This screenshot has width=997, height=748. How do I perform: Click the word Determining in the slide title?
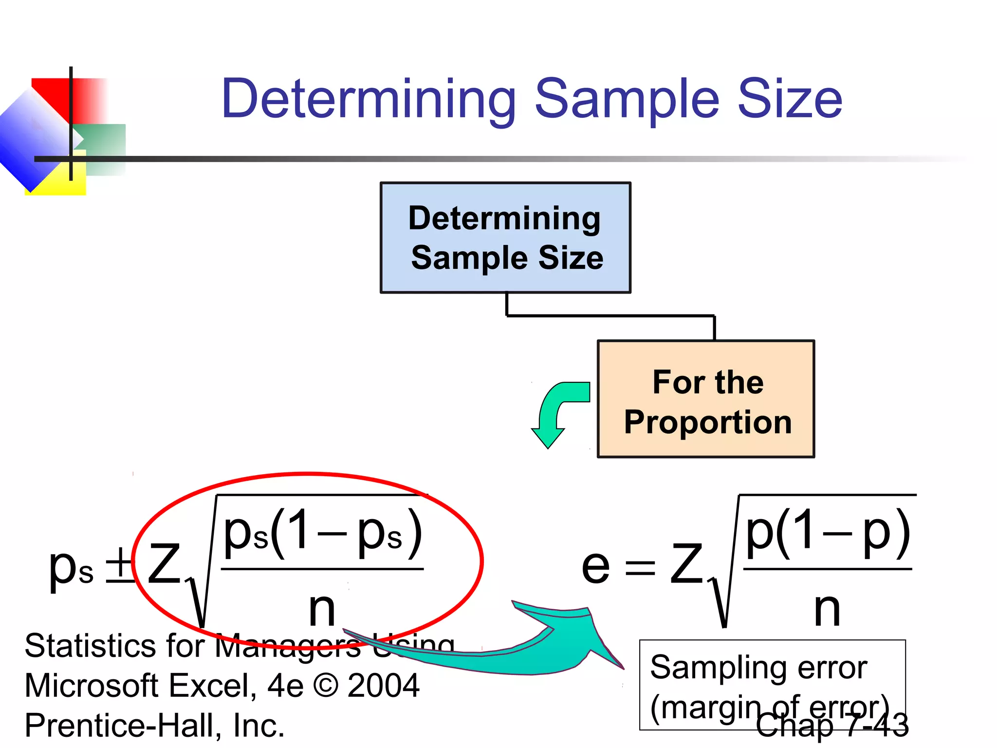pos(369,100)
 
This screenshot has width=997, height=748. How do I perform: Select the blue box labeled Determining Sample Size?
pos(505,238)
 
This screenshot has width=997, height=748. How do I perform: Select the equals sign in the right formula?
pos(640,568)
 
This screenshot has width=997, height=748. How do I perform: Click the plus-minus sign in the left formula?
pos(120,565)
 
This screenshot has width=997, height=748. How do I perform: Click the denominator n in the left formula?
pos(322,609)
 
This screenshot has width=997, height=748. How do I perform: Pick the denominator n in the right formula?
pos(827,609)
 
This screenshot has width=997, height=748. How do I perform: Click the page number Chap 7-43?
pos(832,726)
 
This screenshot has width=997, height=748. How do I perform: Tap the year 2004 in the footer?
pos(384,686)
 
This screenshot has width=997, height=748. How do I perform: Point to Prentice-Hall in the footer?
pos(122,726)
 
